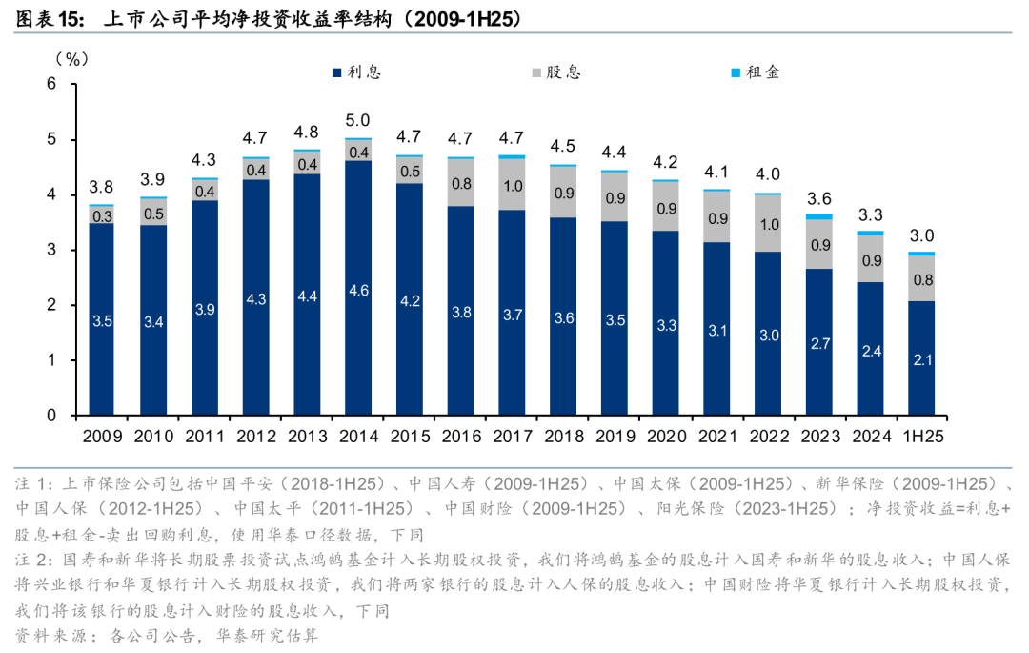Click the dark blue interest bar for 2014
point(357,286)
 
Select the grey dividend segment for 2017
point(512,185)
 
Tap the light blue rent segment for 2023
point(818,216)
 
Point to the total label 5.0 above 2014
point(357,120)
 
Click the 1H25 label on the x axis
point(921,437)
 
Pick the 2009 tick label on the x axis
point(102,437)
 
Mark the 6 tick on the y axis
point(52,84)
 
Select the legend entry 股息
point(563,71)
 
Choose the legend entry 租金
point(762,71)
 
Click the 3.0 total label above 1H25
point(921,235)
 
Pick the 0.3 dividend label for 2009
point(102,215)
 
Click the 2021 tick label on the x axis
point(716,437)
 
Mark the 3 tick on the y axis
point(52,250)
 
